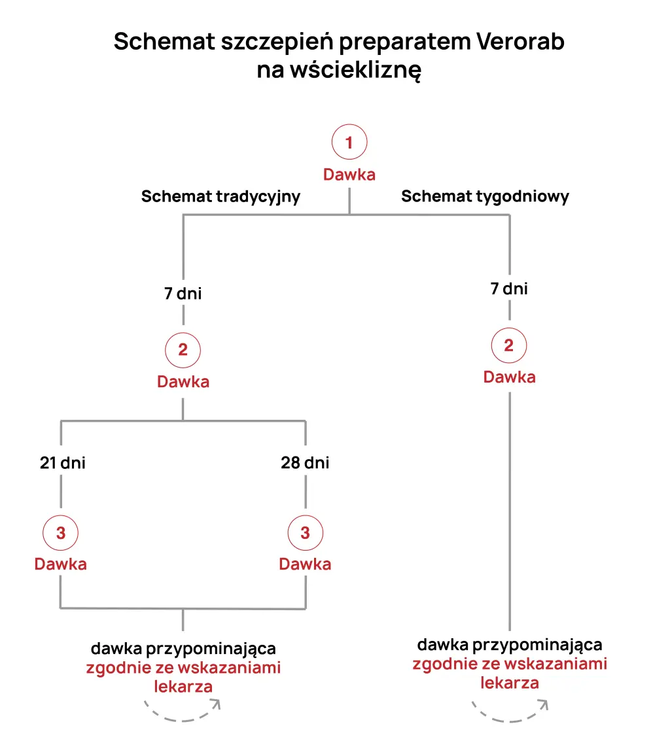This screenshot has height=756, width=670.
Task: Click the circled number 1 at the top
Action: click(x=349, y=143)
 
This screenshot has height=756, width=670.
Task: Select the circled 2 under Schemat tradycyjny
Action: click(x=183, y=350)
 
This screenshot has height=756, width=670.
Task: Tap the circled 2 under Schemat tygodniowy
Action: click(x=509, y=346)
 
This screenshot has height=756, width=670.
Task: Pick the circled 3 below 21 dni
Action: click(x=61, y=533)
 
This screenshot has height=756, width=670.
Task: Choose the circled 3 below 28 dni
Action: click(x=305, y=533)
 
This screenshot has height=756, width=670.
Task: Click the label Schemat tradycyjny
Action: click(x=220, y=196)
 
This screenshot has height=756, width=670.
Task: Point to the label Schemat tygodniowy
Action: click(x=485, y=196)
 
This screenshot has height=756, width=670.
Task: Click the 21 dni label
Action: click(x=62, y=463)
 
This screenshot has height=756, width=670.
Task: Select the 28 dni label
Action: click(x=305, y=463)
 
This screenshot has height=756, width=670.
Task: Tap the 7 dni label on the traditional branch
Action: click(x=183, y=294)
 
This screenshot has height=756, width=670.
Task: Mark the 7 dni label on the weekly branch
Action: click(x=509, y=288)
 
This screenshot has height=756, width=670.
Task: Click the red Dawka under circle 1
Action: click(x=349, y=175)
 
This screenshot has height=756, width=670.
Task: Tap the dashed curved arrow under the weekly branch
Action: click(x=510, y=711)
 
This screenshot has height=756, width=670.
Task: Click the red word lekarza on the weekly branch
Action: click(x=510, y=683)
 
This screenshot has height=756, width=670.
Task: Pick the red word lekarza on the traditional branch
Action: click(x=183, y=687)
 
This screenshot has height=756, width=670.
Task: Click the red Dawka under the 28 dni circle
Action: click(x=305, y=564)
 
